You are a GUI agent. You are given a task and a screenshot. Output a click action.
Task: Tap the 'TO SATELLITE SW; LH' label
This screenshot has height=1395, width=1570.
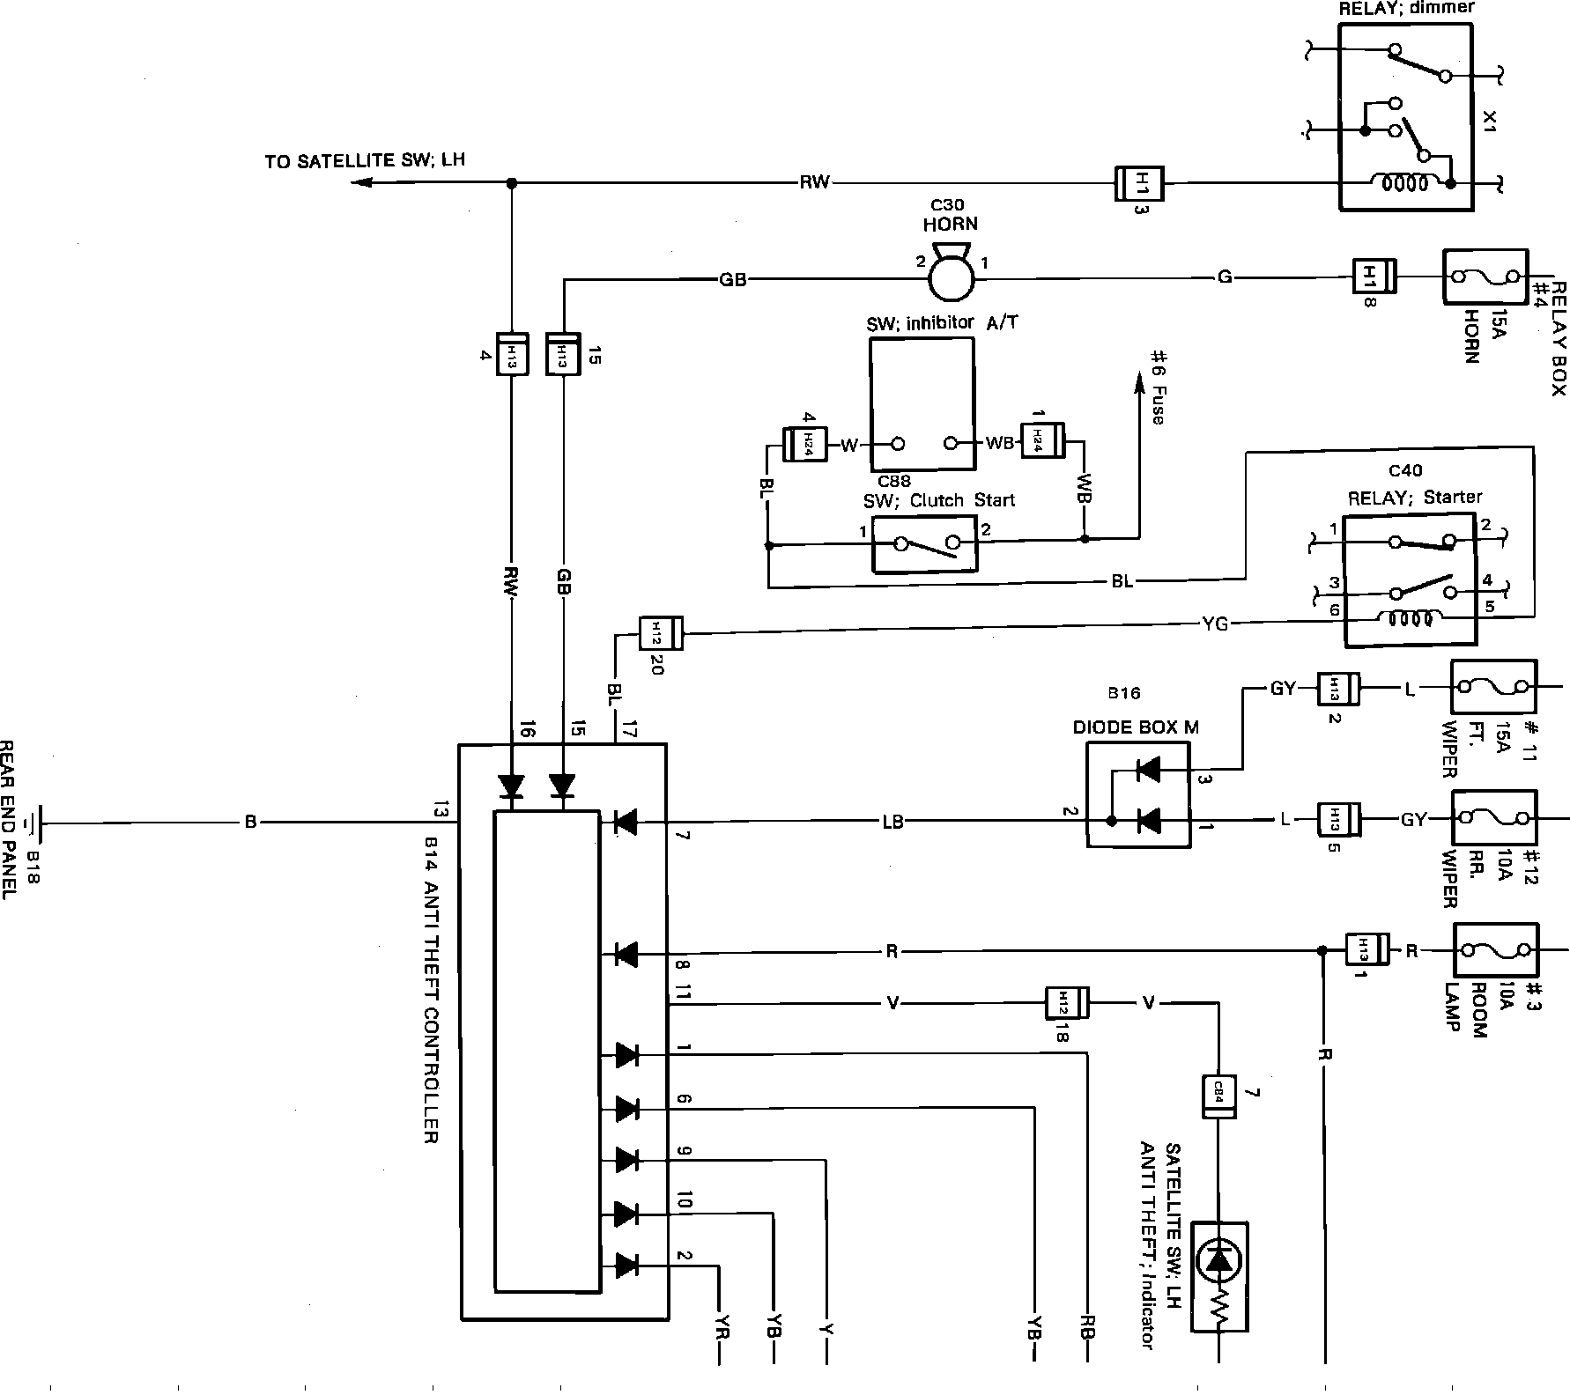click(365, 161)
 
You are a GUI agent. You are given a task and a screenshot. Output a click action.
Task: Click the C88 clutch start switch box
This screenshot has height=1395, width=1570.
click(924, 544)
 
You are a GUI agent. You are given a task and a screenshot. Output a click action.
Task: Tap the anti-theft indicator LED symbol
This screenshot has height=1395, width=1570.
click(1219, 1263)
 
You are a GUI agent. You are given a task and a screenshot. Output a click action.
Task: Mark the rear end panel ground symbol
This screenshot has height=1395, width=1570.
click(33, 823)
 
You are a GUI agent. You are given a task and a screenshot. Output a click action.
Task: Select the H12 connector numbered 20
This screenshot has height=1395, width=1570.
click(660, 632)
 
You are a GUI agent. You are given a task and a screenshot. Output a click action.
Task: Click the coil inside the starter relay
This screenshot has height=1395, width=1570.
click(1410, 619)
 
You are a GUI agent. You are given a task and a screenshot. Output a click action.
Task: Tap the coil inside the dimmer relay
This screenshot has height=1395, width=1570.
click(1405, 184)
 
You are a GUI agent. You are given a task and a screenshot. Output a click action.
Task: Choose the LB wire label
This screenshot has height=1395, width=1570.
click(892, 823)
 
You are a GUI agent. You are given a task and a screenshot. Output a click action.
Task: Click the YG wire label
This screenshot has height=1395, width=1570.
click(1214, 624)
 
